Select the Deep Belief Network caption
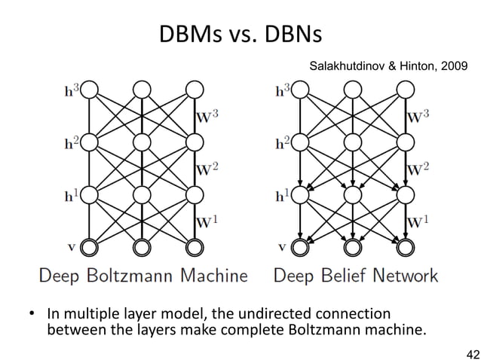[x=355, y=276]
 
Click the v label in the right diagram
[x=283, y=244]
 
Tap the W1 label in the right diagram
[x=420, y=221]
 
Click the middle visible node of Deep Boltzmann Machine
[x=141, y=246]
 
